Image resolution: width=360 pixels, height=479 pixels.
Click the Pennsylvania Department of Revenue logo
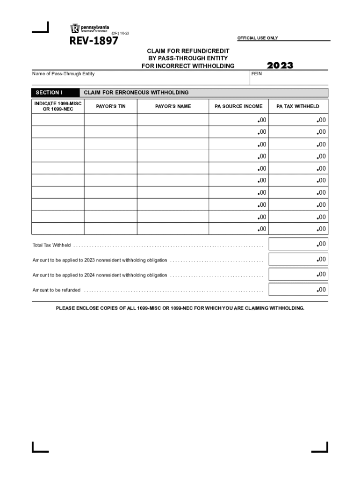point(89,28)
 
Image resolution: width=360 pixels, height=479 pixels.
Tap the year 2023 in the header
point(280,65)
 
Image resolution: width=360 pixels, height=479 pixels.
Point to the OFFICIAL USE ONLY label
point(258,38)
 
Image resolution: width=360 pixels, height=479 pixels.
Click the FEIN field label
point(256,74)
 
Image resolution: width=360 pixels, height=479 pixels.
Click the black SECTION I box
point(55,93)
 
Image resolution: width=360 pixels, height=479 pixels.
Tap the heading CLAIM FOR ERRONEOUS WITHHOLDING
point(136,93)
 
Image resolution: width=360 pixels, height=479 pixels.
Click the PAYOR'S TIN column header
point(111,106)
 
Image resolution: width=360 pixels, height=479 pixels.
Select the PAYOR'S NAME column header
point(173,106)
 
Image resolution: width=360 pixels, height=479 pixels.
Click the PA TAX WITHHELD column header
point(298,106)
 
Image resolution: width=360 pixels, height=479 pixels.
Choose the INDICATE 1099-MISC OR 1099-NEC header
point(58,106)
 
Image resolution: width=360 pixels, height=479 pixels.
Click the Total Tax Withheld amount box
point(298,244)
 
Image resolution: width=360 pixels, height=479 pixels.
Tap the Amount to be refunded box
point(298,290)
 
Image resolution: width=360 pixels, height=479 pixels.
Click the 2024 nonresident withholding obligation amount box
point(298,275)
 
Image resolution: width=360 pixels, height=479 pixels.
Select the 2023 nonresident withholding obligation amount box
point(298,260)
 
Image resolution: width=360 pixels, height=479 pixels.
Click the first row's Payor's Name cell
point(173,121)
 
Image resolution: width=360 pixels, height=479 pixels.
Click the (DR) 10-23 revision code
point(120,33)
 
